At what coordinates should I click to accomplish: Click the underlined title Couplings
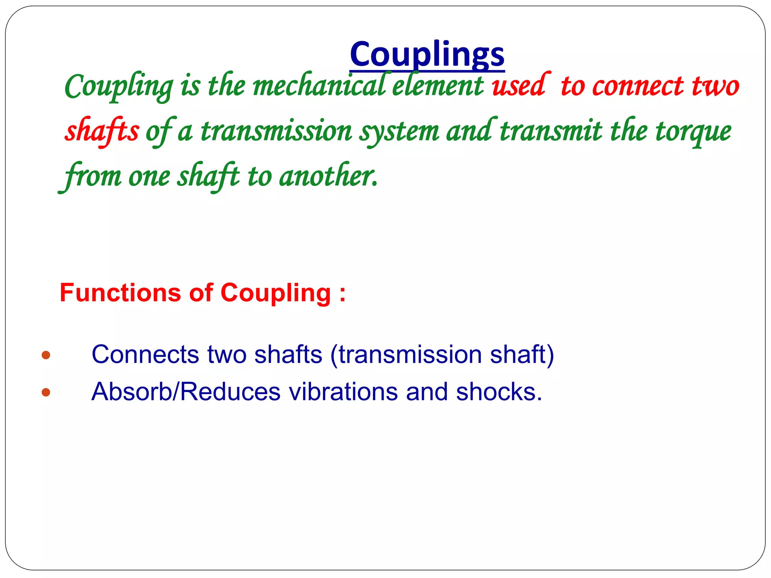pyautogui.click(x=427, y=55)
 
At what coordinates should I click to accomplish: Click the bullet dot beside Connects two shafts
pyautogui.click(x=46, y=355)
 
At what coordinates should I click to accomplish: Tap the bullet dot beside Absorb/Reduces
pyautogui.click(x=46, y=392)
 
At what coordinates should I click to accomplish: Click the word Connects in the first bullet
pyautogui.click(x=145, y=354)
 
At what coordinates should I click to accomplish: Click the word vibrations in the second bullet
pyautogui.click(x=343, y=392)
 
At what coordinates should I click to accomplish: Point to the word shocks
pyautogui.click(x=499, y=392)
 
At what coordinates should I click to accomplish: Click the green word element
pyautogui.click(x=437, y=86)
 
